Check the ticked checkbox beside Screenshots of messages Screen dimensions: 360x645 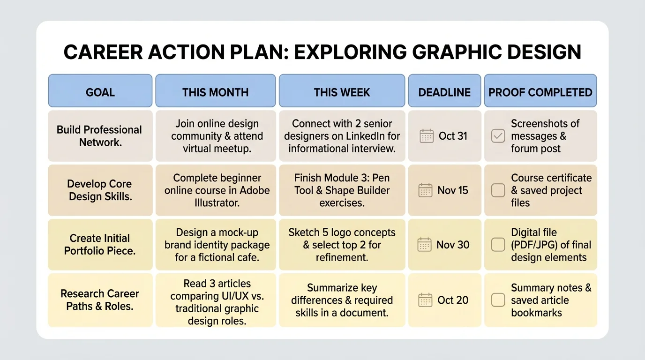[498, 136]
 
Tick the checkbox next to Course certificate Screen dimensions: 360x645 [498, 190]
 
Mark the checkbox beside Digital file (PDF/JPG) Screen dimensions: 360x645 [498, 245]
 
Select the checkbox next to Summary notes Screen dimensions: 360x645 [498, 300]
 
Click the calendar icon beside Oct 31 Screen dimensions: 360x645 [427, 136]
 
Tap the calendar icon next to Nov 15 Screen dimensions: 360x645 [425, 190]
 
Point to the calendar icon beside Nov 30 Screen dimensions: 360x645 [424, 245]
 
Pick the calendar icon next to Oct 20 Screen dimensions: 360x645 [425, 300]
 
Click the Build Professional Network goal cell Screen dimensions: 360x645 [100, 136]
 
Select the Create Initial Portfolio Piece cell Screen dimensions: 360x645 [100, 244]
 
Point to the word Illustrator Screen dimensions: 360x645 [217, 203]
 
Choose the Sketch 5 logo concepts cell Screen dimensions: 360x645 [342, 244]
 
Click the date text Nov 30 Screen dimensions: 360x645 [452, 245]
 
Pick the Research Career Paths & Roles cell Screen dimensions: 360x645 [100, 300]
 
